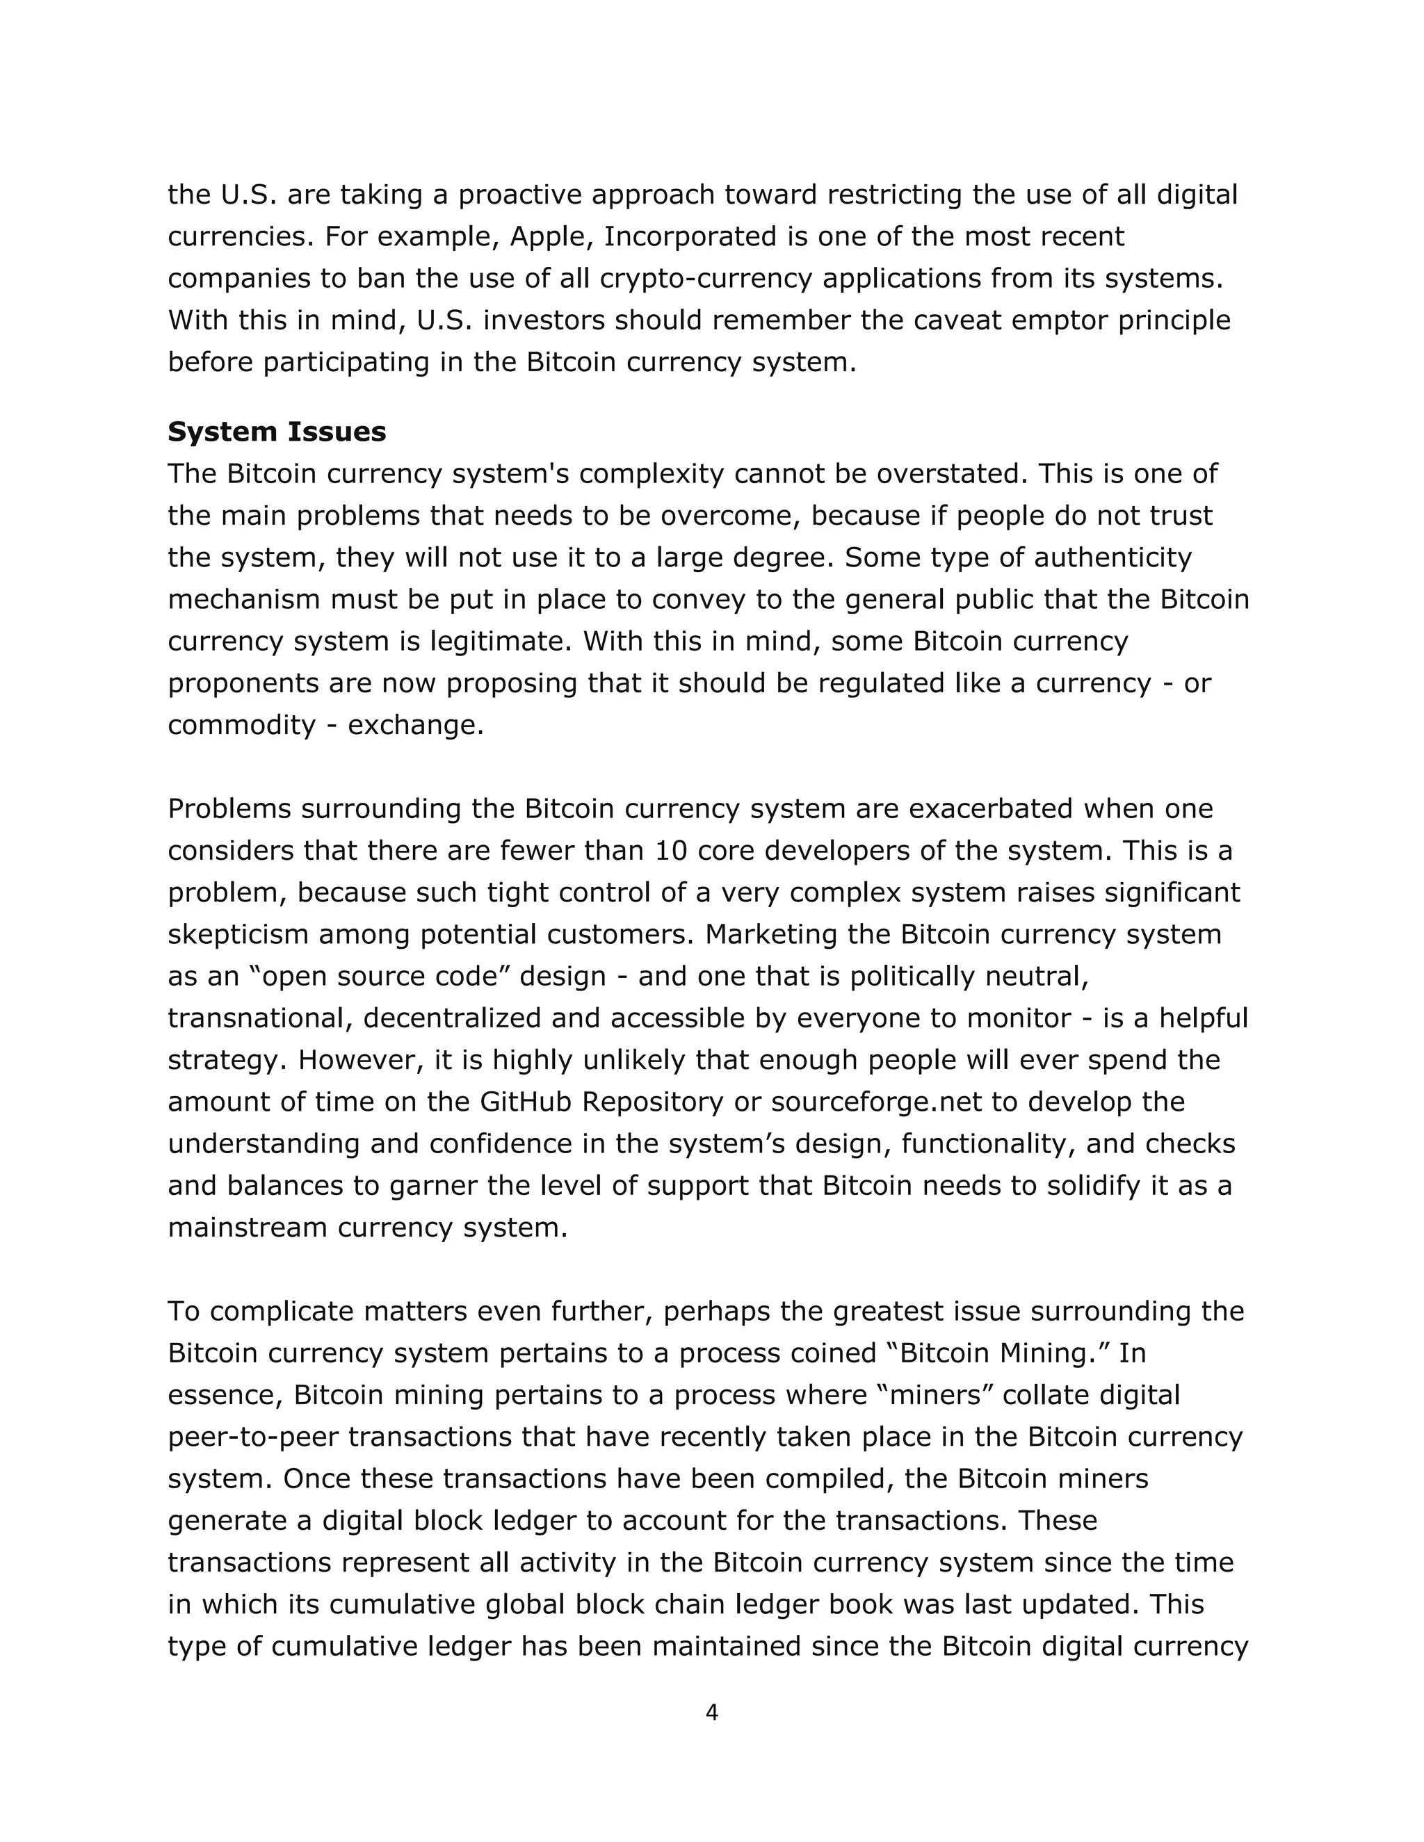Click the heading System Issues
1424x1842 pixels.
[277, 432]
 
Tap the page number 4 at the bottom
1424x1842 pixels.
[711, 1713]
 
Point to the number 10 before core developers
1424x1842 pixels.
[672, 850]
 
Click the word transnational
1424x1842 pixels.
[260, 1018]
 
